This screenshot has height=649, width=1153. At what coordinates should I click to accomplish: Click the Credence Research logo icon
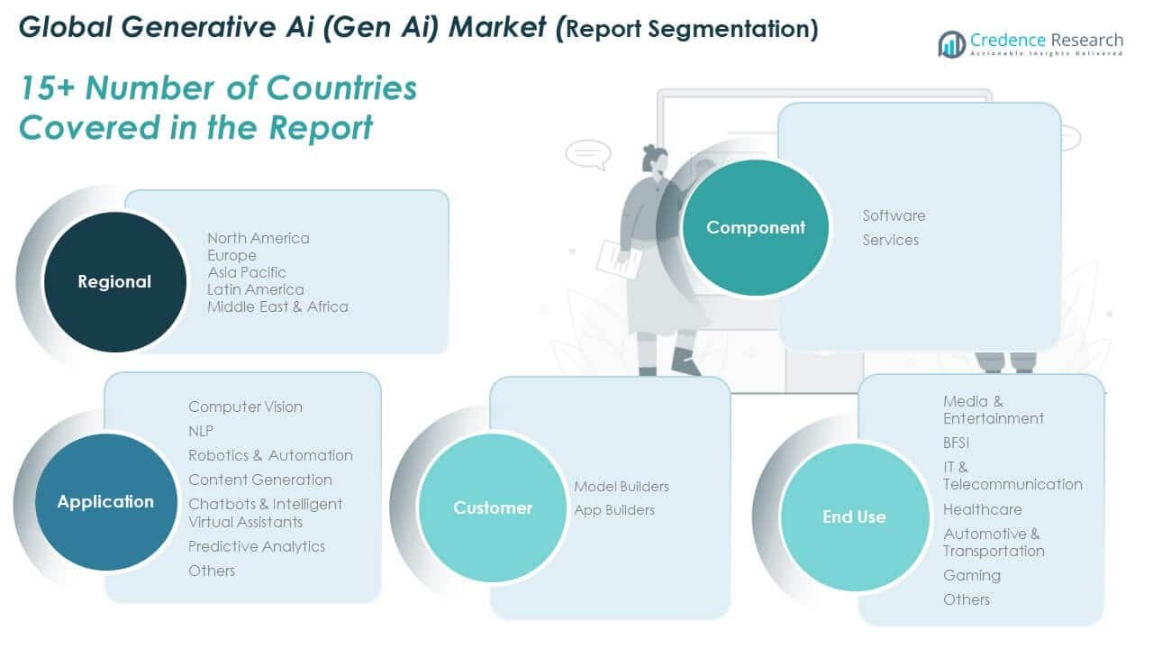click(x=951, y=43)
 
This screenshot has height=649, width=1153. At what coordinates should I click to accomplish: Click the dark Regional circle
click(x=114, y=282)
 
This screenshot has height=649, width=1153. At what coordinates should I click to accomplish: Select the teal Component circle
click(x=755, y=228)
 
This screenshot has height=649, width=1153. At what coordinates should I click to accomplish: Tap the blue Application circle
click(x=105, y=502)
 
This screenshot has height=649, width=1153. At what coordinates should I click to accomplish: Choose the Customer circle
click(x=493, y=508)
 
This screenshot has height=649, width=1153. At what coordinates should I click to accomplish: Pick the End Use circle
click(x=853, y=517)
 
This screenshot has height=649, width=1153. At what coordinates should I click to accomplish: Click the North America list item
click(x=258, y=238)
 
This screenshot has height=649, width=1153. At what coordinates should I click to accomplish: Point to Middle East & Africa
click(x=277, y=306)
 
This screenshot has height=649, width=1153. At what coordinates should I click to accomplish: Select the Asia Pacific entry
click(x=246, y=272)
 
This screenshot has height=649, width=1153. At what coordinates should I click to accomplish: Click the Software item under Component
click(x=894, y=215)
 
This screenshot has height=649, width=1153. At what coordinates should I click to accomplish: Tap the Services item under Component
click(x=890, y=240)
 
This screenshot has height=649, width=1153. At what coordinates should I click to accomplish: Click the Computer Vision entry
click(x=245, y=407)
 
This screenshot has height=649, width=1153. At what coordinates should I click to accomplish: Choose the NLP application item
click(x=201, y=431)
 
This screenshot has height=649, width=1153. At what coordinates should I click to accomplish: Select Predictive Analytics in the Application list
click(x=256, y=546)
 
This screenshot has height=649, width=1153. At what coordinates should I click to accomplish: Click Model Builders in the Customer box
click(x=622, y=487)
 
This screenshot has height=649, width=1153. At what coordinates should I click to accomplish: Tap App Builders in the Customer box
click(x=614, y=510)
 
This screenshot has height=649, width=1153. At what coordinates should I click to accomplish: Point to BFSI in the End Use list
click(x=956, y=443)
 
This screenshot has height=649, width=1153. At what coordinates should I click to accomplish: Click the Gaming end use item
click(x=971, y=575)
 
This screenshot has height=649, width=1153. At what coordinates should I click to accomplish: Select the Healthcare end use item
click(x=982, y=509)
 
